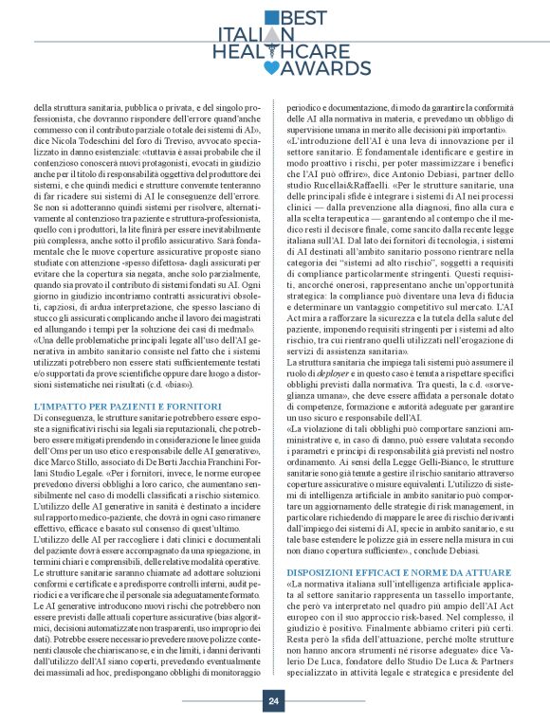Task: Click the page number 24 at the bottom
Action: click(x=273, y=701)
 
